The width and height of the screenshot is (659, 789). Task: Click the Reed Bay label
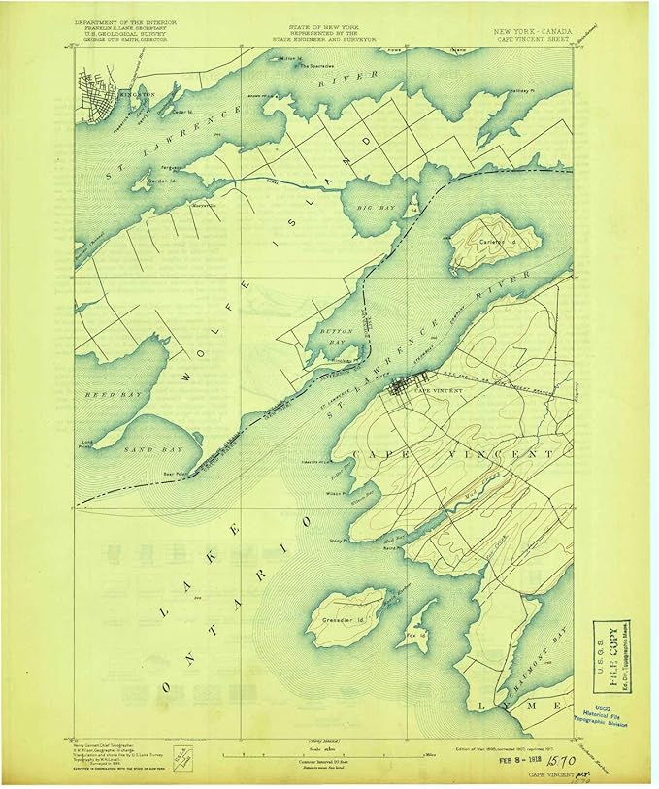(102, 396)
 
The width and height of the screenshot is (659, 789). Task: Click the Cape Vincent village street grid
(399, 389)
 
